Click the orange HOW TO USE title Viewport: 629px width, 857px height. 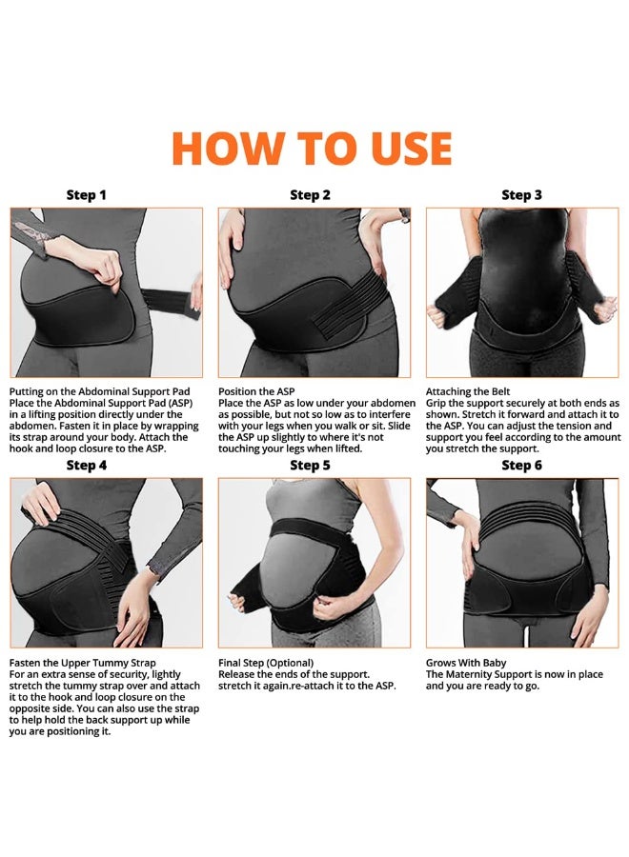click(x=312, y=149)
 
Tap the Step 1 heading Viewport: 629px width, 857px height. click(x=86, y=195)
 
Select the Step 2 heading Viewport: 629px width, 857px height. click(x=310, y=195)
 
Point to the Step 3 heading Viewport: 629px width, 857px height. click(x=522, y=195)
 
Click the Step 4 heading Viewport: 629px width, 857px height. click(x=87, y=466)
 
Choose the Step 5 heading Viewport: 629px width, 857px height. click(x=310, y=466)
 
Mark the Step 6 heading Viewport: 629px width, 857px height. click(x=522, y=466)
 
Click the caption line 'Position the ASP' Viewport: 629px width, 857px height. click(x=256, y=391)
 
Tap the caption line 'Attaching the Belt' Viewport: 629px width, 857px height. click(x=468, y=391)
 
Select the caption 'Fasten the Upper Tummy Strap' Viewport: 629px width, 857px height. click(x=83, y=663)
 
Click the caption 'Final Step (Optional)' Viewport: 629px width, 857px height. click(x=266, y=663)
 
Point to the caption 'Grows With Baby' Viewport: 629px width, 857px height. click(x=466, y=663)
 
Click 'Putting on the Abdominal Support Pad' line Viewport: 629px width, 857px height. click(x=99, y=391)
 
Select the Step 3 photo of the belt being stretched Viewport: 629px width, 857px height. click(x=522, y=292)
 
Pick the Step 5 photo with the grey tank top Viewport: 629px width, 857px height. click(x=314, y=563)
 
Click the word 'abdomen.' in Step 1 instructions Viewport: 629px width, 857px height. click(x=31, y=426)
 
